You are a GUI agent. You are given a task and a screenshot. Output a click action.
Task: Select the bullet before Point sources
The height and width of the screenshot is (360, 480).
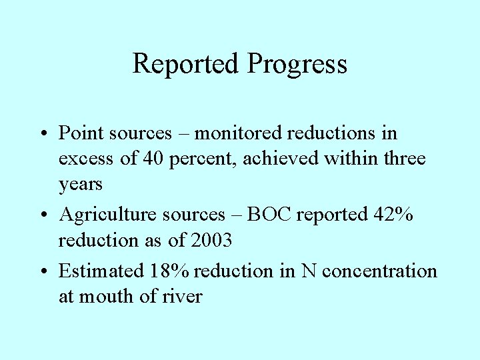(x=43, y=134)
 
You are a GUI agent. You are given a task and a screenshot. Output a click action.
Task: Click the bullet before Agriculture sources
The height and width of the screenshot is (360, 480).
(x=43, y=215)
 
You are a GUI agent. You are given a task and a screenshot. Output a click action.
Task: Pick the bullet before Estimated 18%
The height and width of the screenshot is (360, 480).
(x=43, y=271)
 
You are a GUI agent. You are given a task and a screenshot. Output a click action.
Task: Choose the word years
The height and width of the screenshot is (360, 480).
(x=81, y=185)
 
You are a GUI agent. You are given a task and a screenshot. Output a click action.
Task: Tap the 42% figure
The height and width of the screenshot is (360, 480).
(x=392, y=215)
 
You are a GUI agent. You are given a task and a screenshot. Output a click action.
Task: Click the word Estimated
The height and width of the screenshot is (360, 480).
(x=101, y=271)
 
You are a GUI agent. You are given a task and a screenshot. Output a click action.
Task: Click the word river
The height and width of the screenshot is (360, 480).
(x=183, y=297)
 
